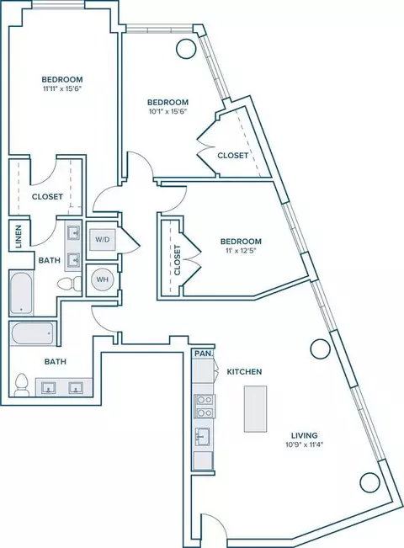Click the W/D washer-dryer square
(x=103, y=240)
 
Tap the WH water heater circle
(x=102, y=279)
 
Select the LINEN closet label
(x=19, y=237)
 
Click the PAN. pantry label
(x=204, y=354)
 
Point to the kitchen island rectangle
(x=255, y=408)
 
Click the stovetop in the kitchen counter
(x=205, y=406)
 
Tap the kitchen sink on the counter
(x=203, y=437)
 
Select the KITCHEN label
(x=244, y=371)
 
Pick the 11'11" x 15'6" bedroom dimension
(x=62, y=88)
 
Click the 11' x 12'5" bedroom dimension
(x=241, y=251)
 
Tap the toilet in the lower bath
(x=21, y=385)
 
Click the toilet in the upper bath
(x=69, y=284)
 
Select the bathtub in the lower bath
(x=33, y=333)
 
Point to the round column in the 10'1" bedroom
(x=186, y=48)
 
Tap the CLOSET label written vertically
(x=178, y=259)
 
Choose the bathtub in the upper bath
(x=22, y=293)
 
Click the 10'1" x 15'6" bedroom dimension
(x=167, y=112)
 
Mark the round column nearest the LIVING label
(x=321, y=348)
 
